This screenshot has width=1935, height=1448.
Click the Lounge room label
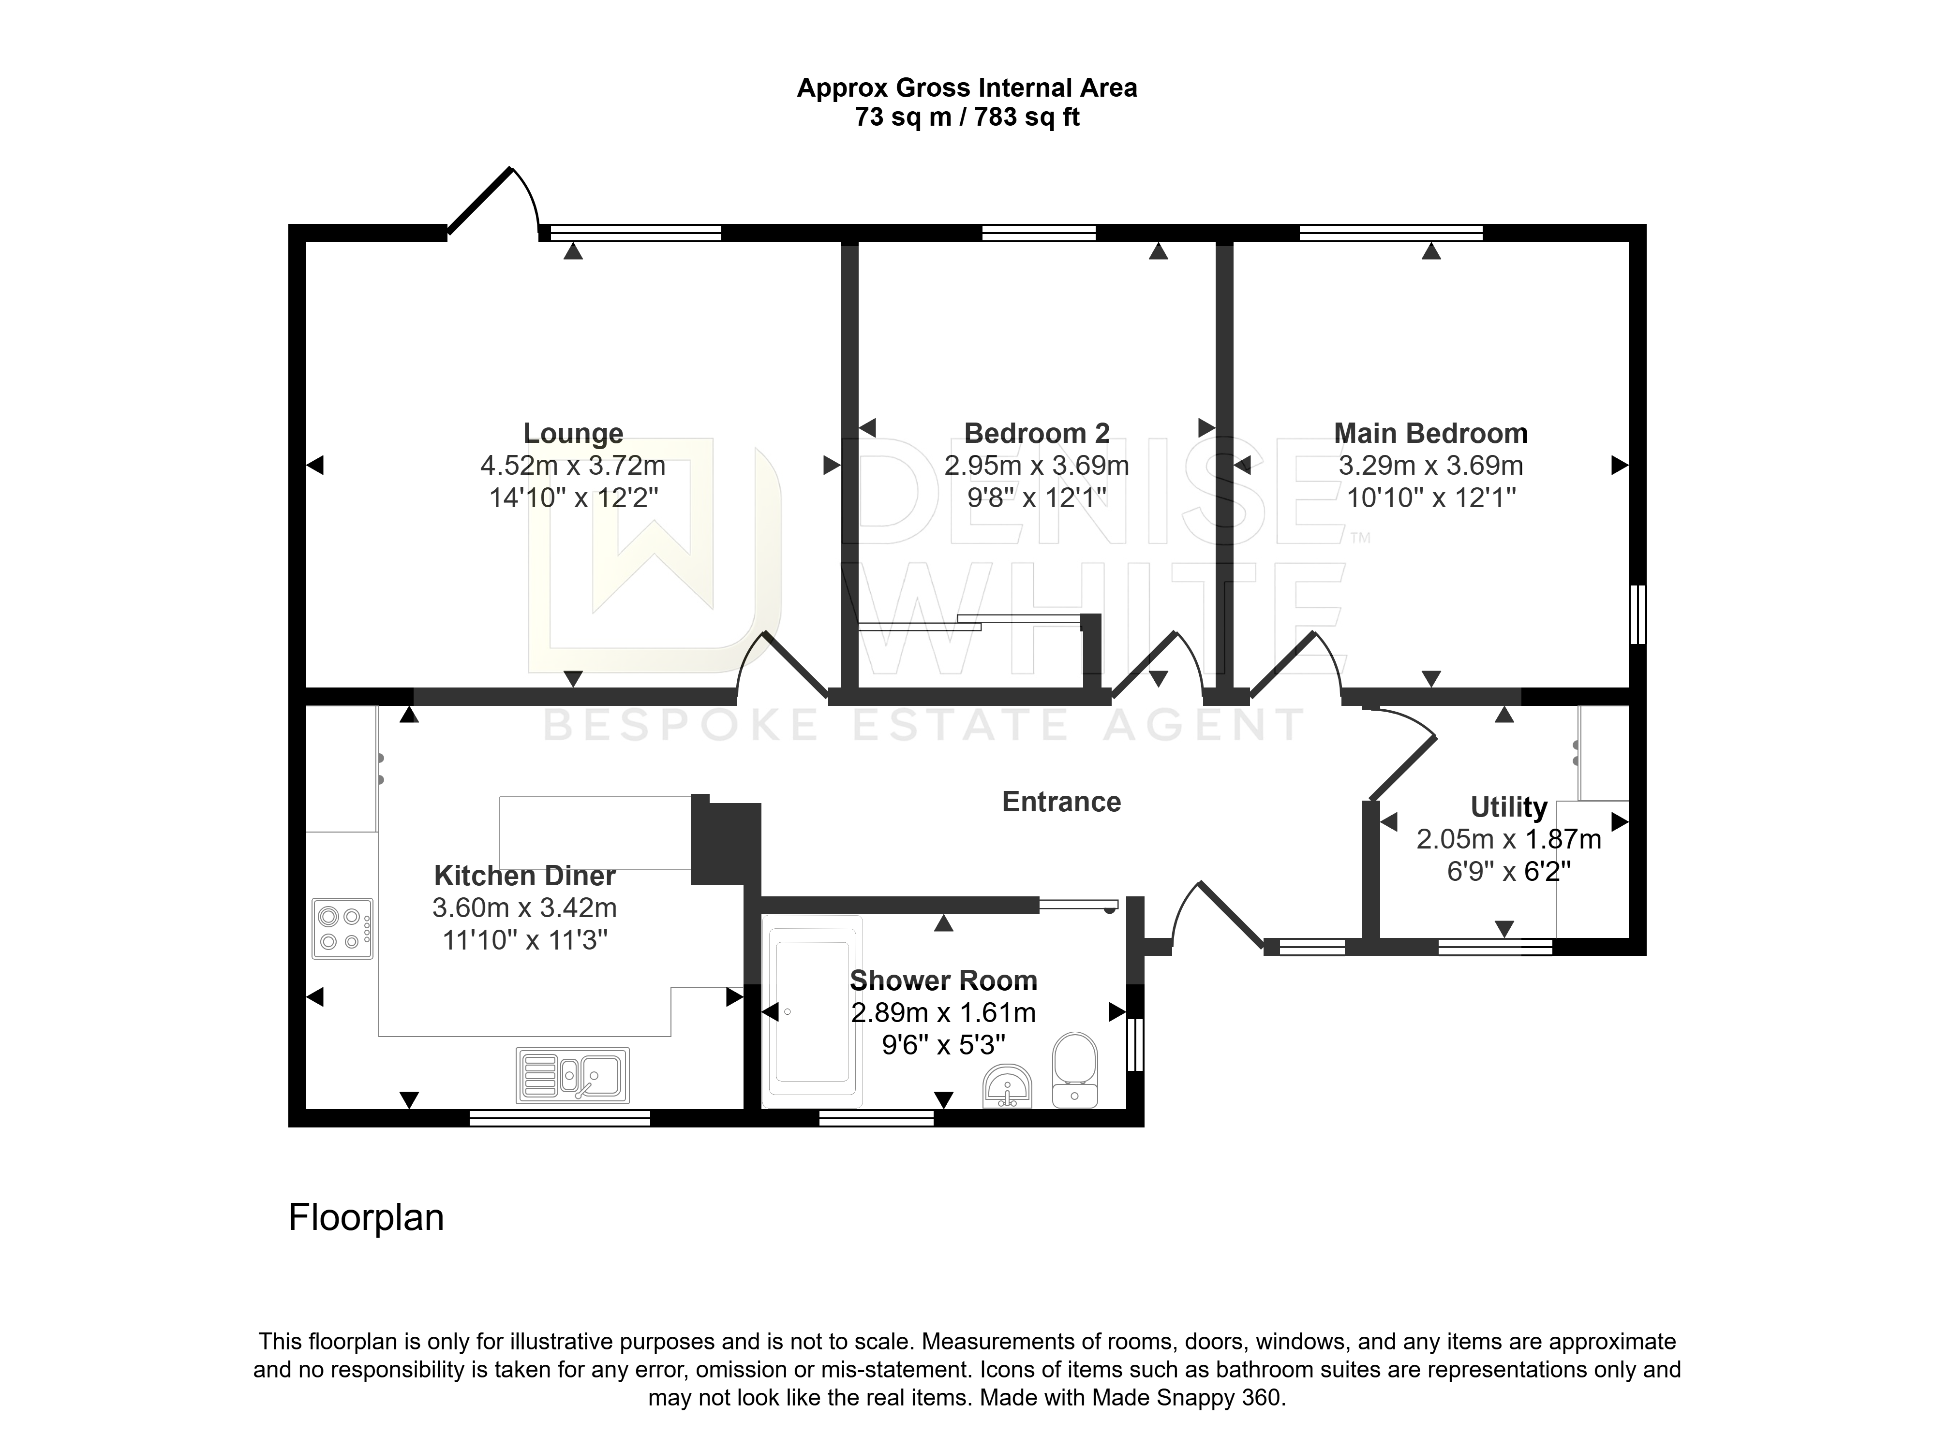[x=573, y=434]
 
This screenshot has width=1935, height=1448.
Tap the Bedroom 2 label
[x=1037, y=434]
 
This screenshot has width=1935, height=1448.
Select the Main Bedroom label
[x=1431, y=434]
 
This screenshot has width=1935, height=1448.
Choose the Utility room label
[x=1509, y=806]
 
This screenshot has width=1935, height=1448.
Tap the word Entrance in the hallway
[x=1061, y=802]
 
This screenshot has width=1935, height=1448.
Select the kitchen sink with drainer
[x=573, y=1075]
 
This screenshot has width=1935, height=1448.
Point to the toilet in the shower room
[x=1075, y=1070]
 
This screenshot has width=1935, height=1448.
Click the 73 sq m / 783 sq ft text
[x=967, y=117]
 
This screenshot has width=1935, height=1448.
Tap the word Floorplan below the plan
[x=367, y=1217]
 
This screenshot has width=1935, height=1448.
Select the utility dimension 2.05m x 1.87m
[x=1509, y=839]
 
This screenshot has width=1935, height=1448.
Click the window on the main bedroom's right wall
[x=1639, y=614]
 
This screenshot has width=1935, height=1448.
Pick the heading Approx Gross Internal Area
[x=967, y=88]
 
